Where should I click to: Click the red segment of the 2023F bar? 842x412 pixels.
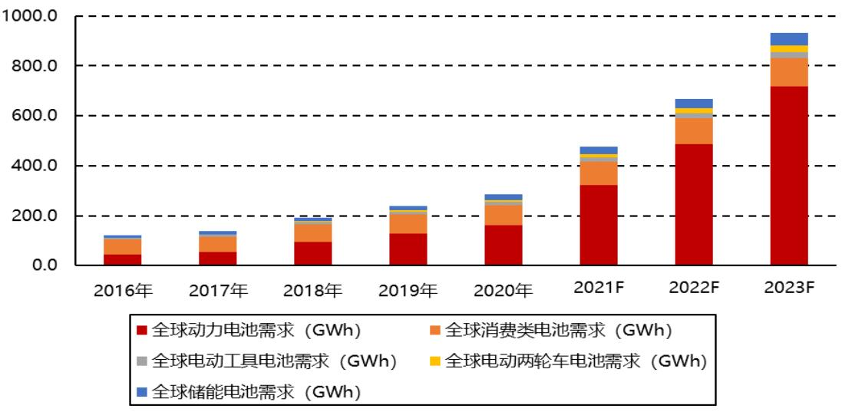point(789,176)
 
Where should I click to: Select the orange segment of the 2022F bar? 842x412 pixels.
point(694,130)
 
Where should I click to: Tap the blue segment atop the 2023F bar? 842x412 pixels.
point(789,39)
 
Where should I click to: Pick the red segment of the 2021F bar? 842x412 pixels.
point(599,225)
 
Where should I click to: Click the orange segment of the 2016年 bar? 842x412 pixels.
point(123,246)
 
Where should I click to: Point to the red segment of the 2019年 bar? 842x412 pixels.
point(408,249)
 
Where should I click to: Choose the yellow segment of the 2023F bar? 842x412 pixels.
point(789,49)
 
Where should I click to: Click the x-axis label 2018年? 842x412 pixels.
point(313,290)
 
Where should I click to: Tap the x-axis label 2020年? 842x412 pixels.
point(504,290)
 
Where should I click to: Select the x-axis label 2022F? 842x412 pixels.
point(694,289)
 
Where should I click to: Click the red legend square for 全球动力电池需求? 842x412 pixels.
point(141,331)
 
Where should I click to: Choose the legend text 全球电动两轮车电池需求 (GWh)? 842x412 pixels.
point(575,361)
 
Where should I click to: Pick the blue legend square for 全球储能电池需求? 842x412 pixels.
point(141,391)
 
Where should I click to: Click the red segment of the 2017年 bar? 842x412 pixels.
point(218,259)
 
